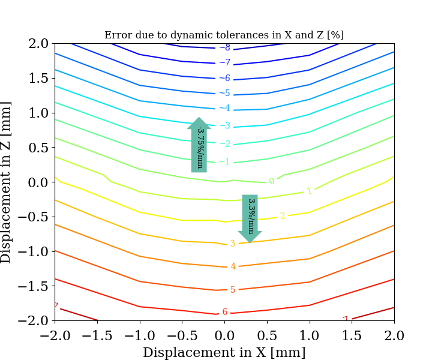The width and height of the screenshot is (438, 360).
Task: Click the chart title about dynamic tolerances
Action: (x=224, y=35)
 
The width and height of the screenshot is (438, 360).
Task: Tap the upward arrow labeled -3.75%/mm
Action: (x=199, y=145)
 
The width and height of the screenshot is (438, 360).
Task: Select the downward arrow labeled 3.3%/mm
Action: (x=250, y=217)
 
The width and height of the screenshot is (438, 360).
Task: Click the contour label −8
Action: (x=224, y=47)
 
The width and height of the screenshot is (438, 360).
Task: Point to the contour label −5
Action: (x=224, y=93)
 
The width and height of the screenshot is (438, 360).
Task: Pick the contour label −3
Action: (x=224, y=126)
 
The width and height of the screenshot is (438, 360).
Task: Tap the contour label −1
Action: (x=224, y=161)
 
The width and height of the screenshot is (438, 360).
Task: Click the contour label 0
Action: (x=272, y=181)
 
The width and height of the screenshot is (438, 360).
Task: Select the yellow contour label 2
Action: (x=283, y=215)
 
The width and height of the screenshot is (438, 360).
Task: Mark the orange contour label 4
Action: (x=233, y=266)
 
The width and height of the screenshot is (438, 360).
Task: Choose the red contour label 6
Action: (x=225, y=312)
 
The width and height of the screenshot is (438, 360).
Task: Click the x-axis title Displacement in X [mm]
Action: (x=224, y=352)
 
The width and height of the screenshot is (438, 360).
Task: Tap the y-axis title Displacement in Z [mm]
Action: (x=7, y=182)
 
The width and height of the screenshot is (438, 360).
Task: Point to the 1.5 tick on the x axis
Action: (x=352, y=334)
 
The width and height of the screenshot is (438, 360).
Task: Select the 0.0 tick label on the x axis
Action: (x=224, y=334)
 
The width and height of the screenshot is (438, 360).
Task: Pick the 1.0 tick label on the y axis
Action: (x=38, y=113)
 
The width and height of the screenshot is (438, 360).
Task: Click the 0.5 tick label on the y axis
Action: (x=38, y=148)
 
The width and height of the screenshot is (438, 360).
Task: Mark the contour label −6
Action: (x=224, y=78)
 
